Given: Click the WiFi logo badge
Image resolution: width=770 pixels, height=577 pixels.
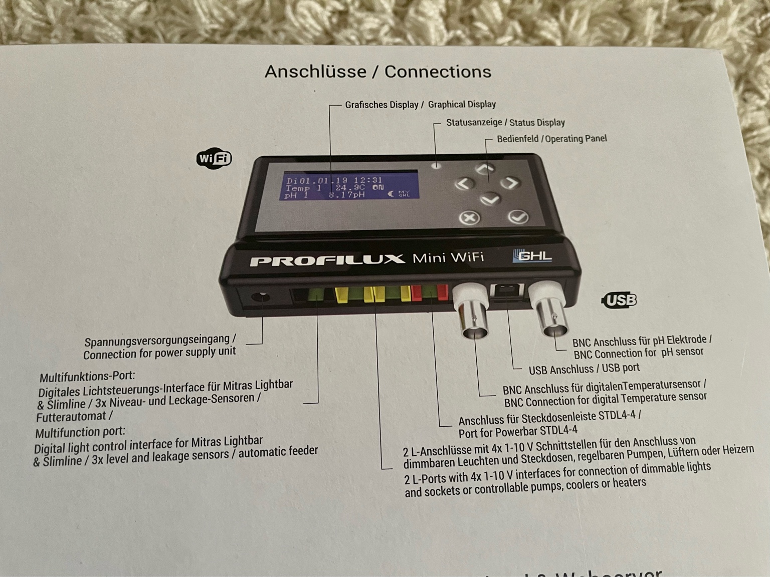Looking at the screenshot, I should click(x=214, y=159).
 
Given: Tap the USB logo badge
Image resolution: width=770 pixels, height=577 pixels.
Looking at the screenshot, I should click(x=619, y=300).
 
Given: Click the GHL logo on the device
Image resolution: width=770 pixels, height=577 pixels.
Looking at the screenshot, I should click(x=532, y=256).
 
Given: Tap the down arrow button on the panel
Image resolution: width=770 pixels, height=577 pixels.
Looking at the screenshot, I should click(x=490, y=200).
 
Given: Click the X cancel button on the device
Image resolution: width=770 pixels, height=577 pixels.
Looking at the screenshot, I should click(x=470, y=218).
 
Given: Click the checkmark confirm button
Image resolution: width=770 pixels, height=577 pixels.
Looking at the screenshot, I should click(x=518, y=217).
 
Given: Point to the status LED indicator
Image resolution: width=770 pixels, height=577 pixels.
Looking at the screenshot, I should click(x=437, y=165).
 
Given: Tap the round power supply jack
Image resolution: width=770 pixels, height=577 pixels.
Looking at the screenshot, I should click(x=260, y=298).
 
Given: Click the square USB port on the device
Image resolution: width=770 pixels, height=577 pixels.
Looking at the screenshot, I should click(x=507, y=293).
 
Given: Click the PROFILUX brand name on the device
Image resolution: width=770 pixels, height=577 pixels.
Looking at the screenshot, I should click(x=327, y=260).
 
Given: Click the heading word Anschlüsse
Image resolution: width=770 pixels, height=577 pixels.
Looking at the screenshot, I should click(x=315, y=72).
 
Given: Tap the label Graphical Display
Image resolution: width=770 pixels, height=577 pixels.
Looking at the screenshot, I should click(x=462, y=105).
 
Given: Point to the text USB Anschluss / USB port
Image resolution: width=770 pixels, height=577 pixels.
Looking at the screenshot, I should click(x=584, y=369).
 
